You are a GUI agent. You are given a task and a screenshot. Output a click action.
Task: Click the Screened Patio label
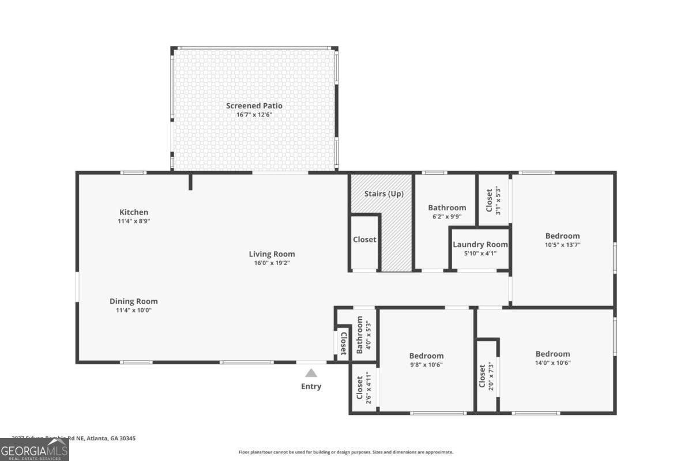(254, 105)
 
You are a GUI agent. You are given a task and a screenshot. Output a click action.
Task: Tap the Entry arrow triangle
(311, 373)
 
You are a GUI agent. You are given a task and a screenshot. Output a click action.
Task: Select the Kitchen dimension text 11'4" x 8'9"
(134, 221)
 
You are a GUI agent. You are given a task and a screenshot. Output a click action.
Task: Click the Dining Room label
(134, 301)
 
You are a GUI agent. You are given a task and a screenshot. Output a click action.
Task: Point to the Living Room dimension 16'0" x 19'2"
(272, 263)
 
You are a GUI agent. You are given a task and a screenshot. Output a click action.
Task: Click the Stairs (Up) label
(383, 194)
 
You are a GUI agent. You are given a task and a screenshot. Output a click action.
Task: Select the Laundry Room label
(480, 244)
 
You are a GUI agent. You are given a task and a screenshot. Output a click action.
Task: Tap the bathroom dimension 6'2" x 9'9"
(446, 217)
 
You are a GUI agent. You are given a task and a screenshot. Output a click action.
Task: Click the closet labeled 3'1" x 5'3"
(493, 201)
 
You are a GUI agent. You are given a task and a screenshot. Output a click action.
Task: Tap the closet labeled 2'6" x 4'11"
(364, 388)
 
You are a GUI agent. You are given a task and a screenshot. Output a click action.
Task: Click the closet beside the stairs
(364, 239)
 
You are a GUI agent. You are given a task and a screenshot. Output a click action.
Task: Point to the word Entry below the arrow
(311, 386)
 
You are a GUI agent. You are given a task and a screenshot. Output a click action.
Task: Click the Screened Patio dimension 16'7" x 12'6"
(254, 115)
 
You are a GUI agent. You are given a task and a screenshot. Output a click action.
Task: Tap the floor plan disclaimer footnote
(346, 452)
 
